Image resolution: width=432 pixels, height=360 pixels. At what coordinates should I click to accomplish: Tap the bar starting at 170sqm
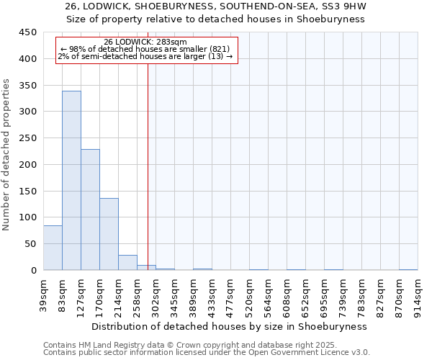point(109,234)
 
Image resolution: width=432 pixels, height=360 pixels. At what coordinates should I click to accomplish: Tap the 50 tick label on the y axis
point(32,244)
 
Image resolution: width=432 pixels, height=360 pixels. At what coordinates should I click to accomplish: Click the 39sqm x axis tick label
point(43,293)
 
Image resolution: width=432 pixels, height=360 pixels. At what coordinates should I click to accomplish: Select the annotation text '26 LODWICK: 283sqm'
point(145,42)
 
